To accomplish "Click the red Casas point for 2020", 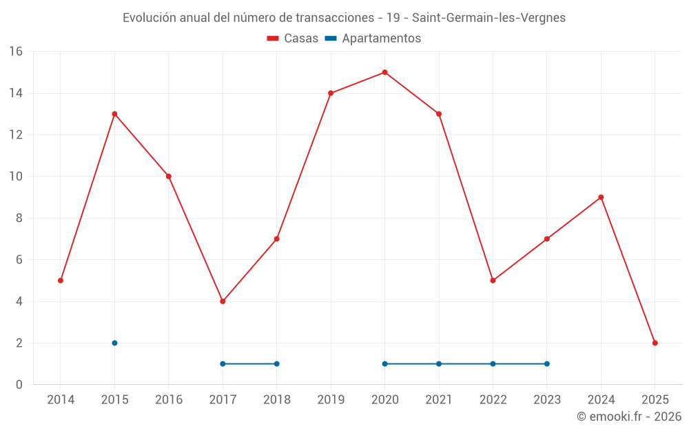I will [384, 72].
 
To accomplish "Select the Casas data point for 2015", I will [114, 114].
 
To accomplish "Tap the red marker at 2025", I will [655, 343].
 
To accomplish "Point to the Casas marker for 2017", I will [223, 301].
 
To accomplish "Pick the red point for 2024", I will [601, 197].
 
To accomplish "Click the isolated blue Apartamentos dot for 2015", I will [114, 343].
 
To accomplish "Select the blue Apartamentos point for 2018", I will [276, 363].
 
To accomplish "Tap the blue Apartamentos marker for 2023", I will [546, 363].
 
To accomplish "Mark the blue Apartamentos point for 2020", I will [384, 363].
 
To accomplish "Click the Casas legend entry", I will [293, 39].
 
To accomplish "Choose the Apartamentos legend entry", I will [373, 39].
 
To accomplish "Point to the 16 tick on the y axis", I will [16, 52].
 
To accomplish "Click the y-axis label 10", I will [16, 177].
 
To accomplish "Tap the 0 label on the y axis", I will [19, 385].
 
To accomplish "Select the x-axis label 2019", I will [331, 400].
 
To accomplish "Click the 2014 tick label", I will [61, 400].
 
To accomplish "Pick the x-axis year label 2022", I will [493, 400].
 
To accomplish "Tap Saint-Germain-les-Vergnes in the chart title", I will [489, 18].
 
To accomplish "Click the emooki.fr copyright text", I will [629, 417].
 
